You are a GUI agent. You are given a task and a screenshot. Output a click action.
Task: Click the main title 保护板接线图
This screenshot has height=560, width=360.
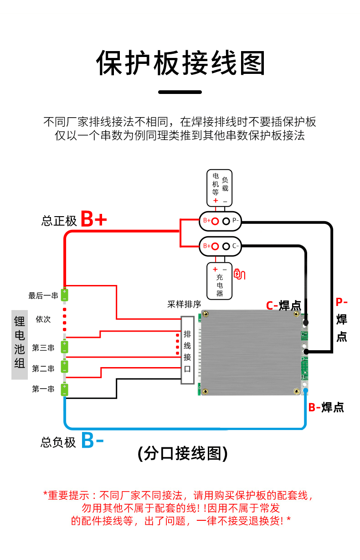[x=180, y=63]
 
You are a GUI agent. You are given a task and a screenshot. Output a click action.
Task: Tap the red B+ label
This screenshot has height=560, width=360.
[x=93, y=219]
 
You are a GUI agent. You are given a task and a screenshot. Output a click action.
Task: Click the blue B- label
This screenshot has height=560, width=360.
[x=93, y=441]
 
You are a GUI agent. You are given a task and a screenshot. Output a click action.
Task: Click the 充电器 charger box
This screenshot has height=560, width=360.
[x=220, y=280]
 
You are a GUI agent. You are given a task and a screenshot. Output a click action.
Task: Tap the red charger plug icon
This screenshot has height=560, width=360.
[x=239, y=274]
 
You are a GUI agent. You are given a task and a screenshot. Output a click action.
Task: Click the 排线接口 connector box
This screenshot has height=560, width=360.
[x=187, y=350]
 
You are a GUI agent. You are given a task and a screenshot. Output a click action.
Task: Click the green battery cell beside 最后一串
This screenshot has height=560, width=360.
[x=65, y=295]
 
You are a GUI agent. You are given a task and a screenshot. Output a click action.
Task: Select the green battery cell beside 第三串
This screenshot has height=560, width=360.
[x=65, y=347]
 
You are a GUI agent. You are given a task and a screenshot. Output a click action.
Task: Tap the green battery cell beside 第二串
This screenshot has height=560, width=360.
[x=65, y=367]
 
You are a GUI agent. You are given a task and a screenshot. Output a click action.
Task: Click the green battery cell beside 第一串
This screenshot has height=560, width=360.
[x=65, y=389]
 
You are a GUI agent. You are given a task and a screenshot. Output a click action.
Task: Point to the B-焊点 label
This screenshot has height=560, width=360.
[x=326, y=407]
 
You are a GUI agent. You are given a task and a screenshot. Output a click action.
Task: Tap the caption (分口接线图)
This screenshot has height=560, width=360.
[x=182, y=453]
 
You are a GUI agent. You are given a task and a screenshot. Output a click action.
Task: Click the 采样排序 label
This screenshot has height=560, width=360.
[x=184, y=304]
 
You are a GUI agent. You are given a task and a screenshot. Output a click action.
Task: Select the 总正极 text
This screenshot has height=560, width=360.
[x=59, y=221]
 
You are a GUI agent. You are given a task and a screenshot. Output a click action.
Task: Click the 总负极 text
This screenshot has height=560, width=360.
[x=58, y=442]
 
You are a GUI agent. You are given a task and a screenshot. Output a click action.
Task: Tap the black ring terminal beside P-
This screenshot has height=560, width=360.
[x=226, y=221]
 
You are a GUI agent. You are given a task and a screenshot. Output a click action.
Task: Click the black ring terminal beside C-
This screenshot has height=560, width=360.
[x=226, y=246]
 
